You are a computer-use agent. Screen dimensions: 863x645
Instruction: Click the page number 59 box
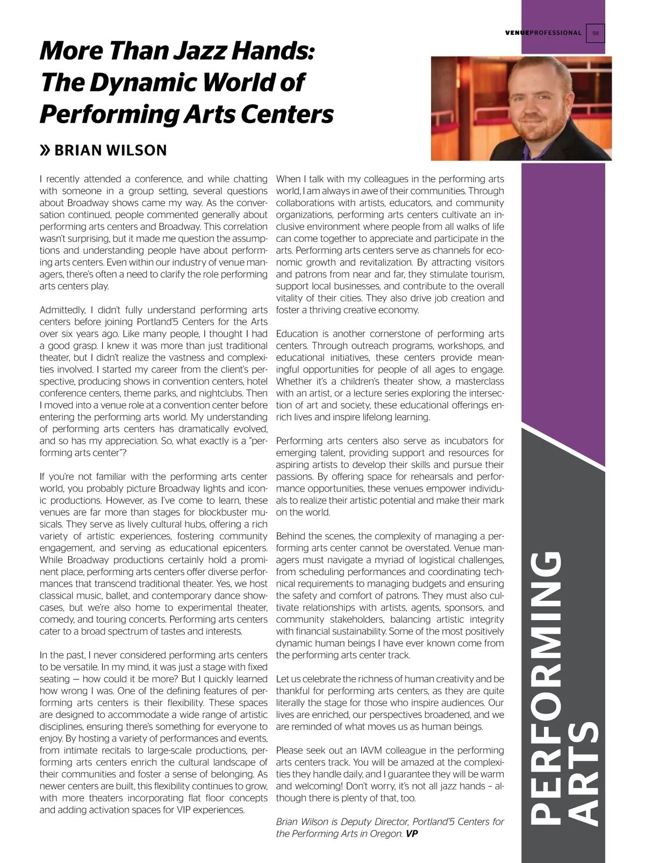click(595, 33)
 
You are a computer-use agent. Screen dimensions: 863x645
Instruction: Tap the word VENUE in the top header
click(517, 33)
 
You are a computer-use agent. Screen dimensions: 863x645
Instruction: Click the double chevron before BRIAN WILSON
click(45, 150)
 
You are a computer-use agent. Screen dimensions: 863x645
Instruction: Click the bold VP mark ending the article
click(412, 833)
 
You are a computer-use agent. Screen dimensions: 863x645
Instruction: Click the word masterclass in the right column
click(479, 382)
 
